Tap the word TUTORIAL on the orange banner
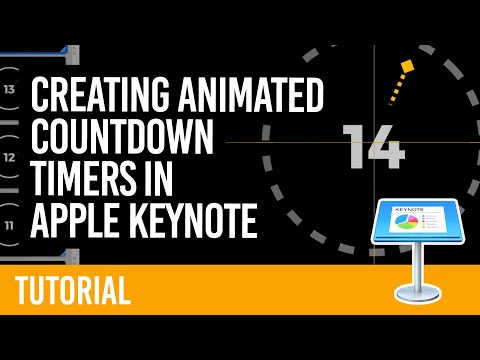(x=73, y=290)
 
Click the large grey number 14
(x=374, y=148)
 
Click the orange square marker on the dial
(x=406, y=68)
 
